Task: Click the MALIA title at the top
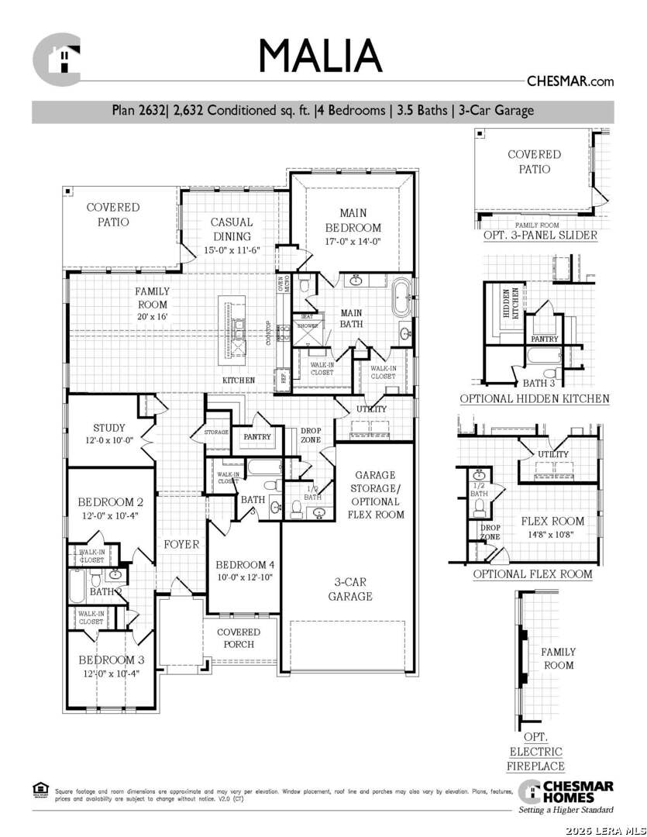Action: pos(320,56)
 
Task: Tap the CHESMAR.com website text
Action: pos(570,81)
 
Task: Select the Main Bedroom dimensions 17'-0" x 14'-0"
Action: pos(353,242)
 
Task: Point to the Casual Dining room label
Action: pos(232,229)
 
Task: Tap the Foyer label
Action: pos(181,545)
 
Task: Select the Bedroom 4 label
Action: pos(244,564)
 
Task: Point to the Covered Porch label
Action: pos(239,638)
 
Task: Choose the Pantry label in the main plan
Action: pos(257,437)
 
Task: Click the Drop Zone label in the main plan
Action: pos(311,435)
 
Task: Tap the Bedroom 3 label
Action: pos(111,660)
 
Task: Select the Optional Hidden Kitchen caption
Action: pos(535,399)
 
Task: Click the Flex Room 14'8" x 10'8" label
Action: pos(552,527)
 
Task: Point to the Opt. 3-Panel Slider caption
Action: pos(540,236)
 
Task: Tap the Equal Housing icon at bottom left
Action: pos(40,789)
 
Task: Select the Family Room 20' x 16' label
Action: pos(152,304)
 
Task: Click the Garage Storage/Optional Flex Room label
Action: pos(375,494)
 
